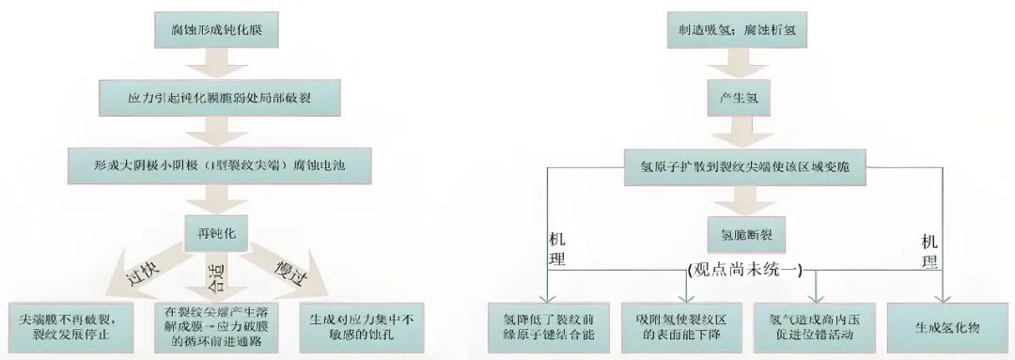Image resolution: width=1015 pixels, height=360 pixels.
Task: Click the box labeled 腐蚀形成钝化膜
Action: [215, 30]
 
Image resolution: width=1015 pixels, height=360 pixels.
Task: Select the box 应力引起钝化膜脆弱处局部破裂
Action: [215, 98]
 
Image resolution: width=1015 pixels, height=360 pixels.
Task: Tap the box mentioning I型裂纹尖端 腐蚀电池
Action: [215, 164]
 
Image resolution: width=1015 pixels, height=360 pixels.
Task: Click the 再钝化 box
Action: [215, 228]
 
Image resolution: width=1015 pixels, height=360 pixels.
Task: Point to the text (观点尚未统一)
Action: [743, 270]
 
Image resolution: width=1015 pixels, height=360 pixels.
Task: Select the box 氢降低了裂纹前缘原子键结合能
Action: [549, 326]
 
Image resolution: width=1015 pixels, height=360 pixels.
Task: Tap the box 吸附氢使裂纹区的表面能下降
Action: [680, 326]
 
